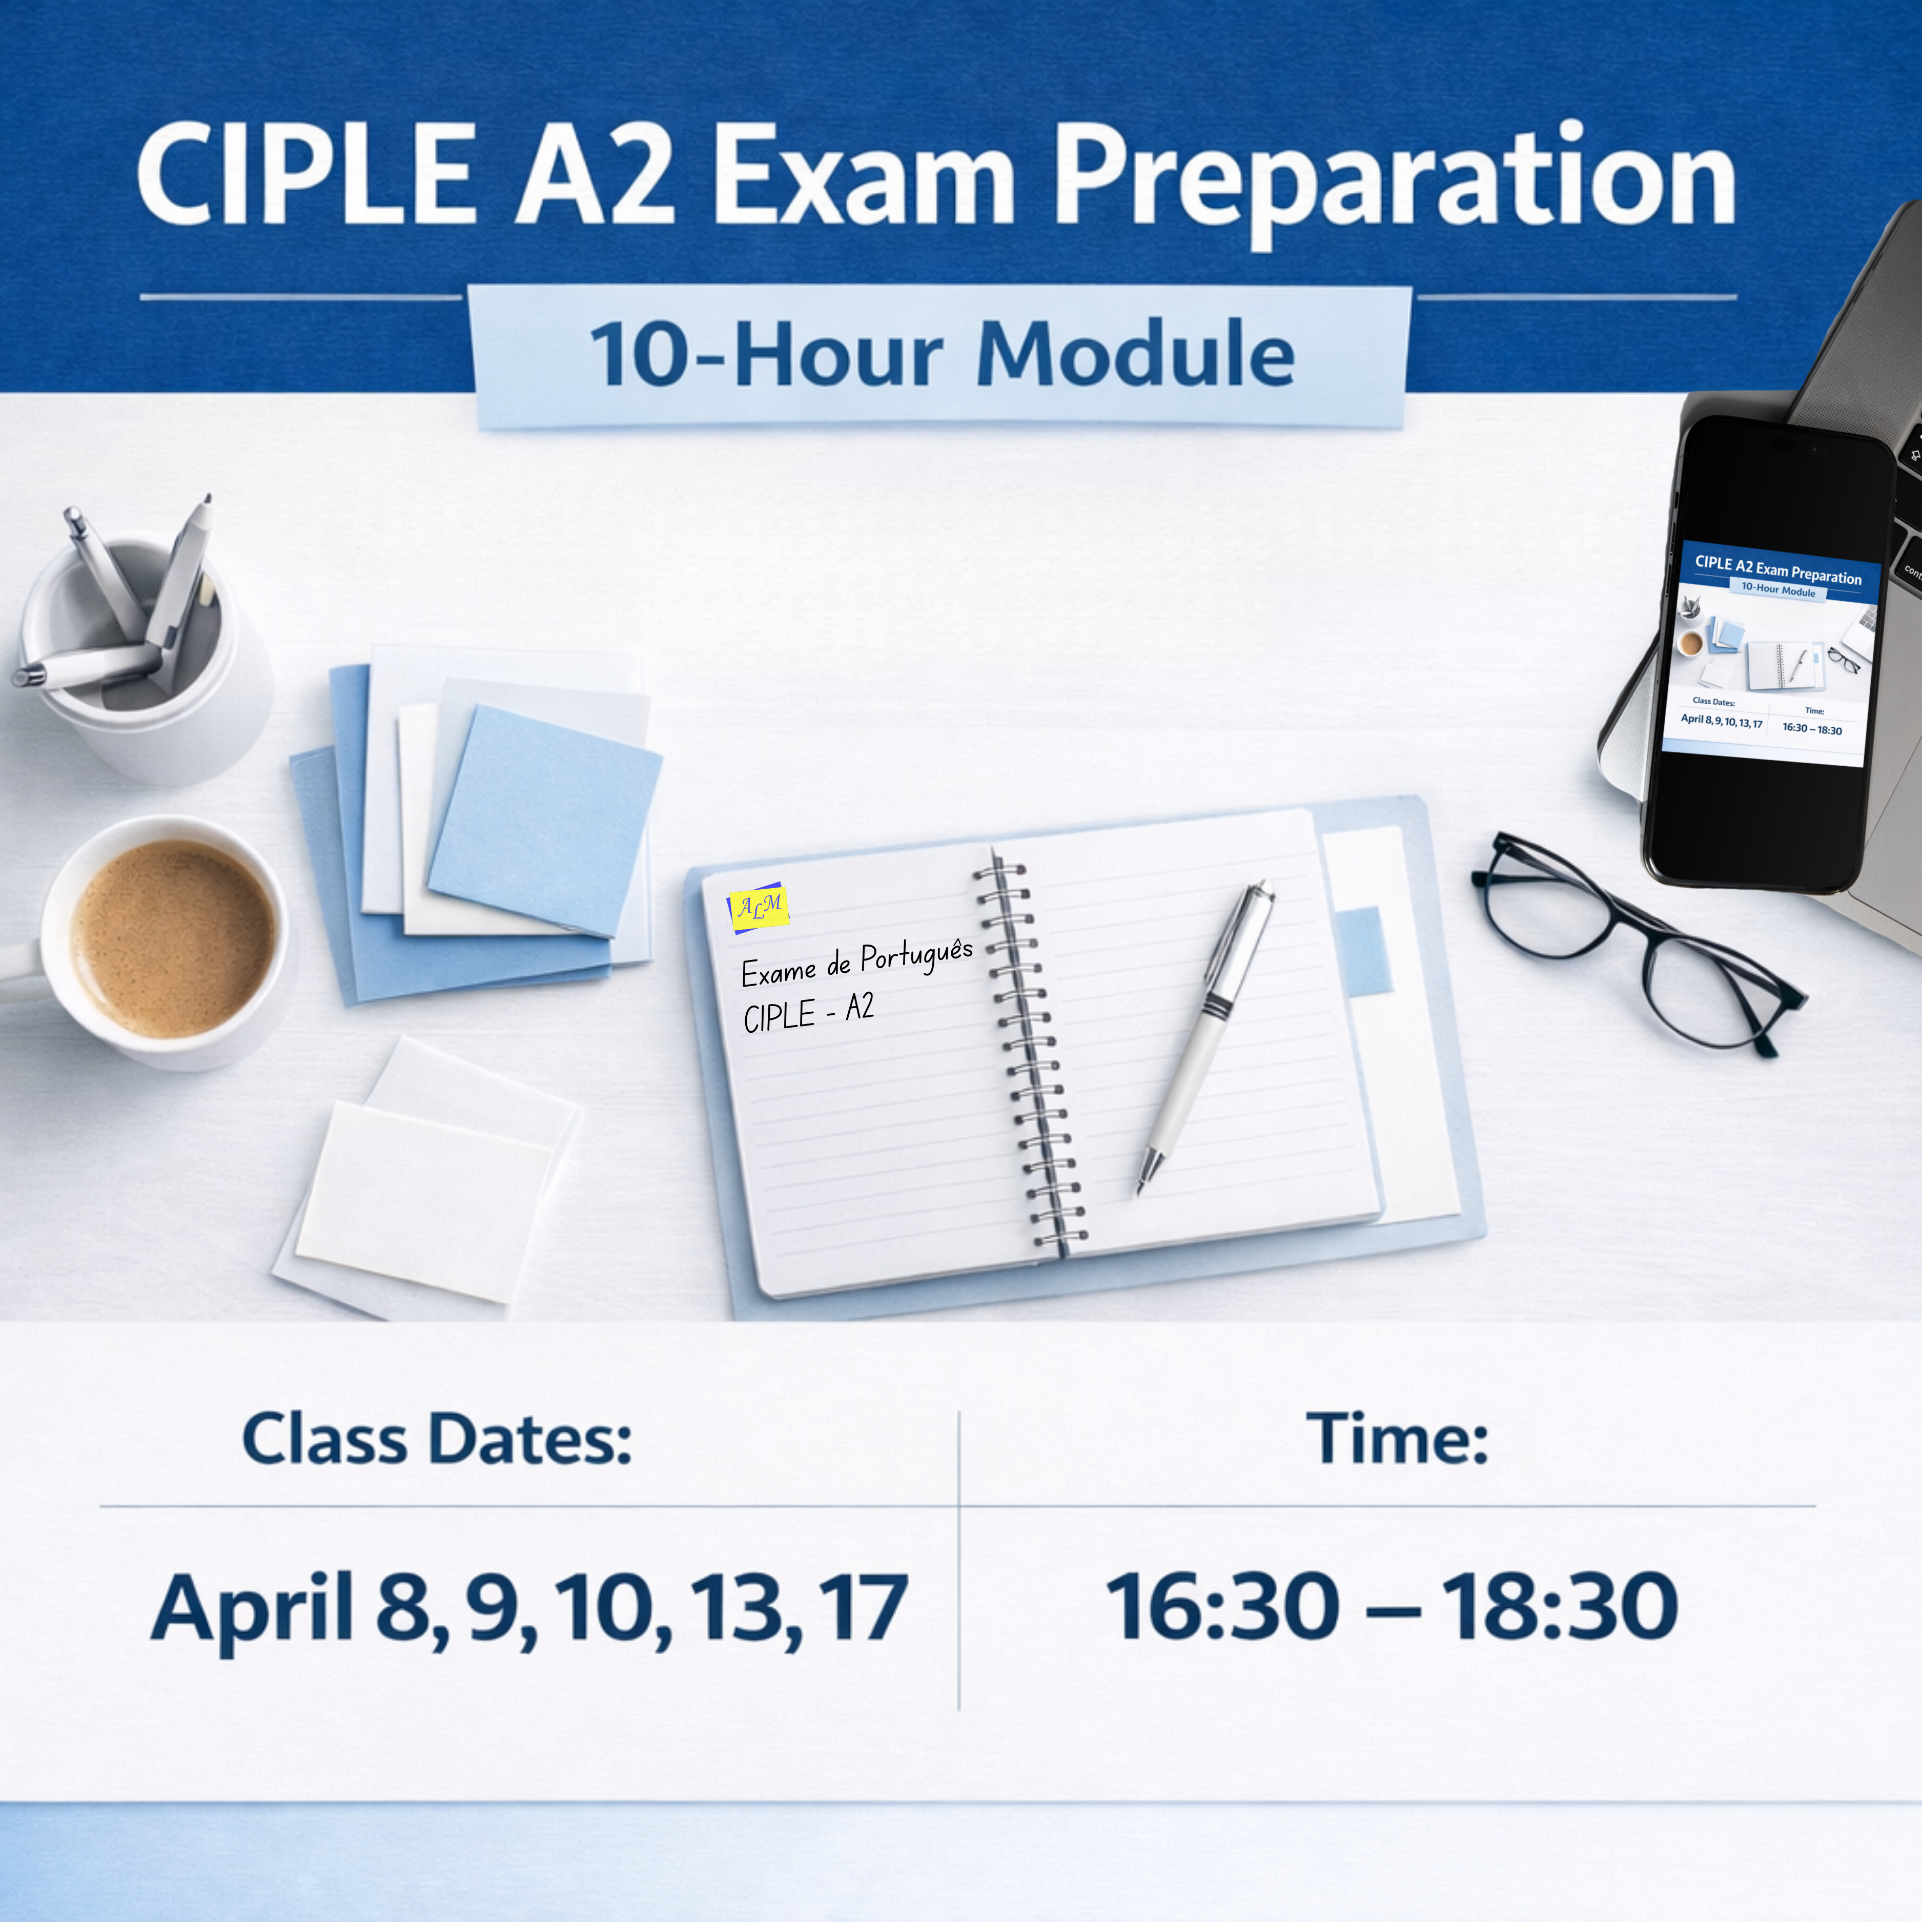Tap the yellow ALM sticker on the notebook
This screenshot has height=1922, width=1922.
click(x=759, y=906)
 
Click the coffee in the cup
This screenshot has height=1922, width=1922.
click(x=174, y=938)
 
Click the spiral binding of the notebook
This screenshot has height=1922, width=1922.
click(x=1028, y=1054)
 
